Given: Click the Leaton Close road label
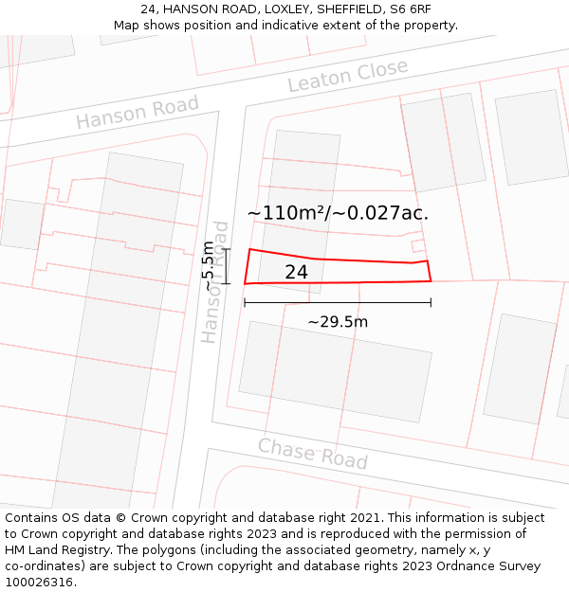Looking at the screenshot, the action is (347, 76).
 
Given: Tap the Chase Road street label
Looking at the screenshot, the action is (313, 454).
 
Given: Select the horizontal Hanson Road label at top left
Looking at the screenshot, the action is (138, 113).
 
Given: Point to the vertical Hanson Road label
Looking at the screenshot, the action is (215, 282).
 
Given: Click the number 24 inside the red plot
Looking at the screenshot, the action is (296, 273).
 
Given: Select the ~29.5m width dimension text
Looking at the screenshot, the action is (338, 322).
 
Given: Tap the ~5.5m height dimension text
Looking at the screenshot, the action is (209, 266).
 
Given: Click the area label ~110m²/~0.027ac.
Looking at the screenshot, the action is (338, 213).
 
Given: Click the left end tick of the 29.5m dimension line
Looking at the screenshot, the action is (245, 303).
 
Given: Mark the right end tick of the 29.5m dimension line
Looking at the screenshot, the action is (431, 303).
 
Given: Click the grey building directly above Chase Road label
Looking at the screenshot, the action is (336, 371).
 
